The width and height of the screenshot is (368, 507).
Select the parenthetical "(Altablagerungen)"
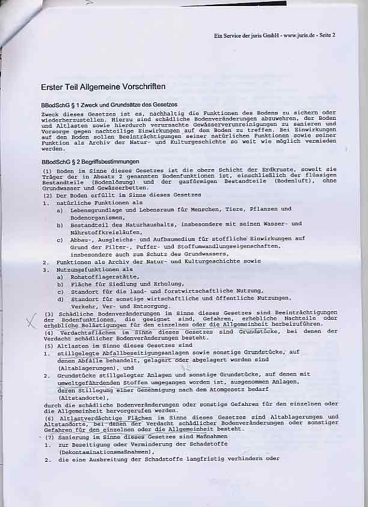point(86,367)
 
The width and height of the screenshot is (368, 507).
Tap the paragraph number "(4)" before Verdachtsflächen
point(49,332)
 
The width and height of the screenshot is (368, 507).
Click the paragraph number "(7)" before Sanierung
point(49,437)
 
